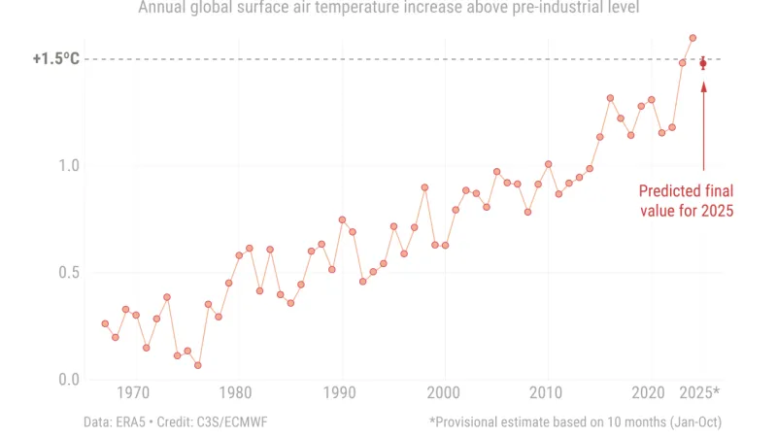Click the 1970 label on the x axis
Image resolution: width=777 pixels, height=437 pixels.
[x=135, y=393]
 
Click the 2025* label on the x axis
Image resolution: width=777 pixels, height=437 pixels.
[x=699, y=393]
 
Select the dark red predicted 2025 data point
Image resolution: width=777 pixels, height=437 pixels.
[x=703, y=63]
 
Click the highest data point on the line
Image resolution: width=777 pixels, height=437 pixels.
[x=693, y=38]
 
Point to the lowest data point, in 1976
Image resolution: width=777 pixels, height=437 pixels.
[x=197, y=365]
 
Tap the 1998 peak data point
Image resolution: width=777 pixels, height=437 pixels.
[x=424, y=187]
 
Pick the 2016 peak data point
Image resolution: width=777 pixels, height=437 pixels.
[x=610, y=98]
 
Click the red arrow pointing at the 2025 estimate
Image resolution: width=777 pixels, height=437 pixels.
[x=703, y=126]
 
